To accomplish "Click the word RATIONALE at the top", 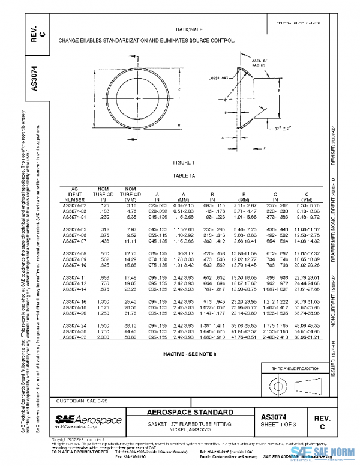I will tap(189, 29).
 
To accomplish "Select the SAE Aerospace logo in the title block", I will tap(88, 420).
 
